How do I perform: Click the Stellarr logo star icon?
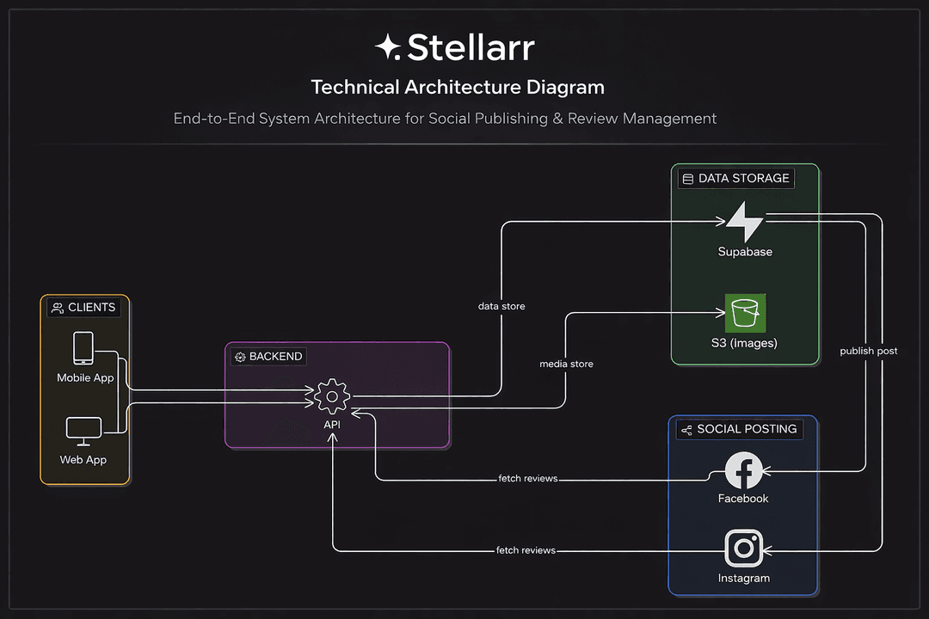click(x=388, y=47)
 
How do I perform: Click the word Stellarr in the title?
click(x=471, y=47)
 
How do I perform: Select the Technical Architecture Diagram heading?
click(x=458, y=87)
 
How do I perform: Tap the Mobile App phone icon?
click(x=83, y=349)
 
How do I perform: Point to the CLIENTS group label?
click(x=83, y=308)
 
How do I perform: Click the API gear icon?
click(x=332, y=396)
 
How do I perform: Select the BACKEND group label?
click(x=268, y=356)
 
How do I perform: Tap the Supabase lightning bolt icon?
click(x=744, y=222)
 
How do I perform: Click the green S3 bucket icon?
click(x=745, y=313)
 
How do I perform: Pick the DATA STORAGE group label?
click(x=735, y=179)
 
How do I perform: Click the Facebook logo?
click(x=744, y=470)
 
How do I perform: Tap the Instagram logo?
click(x=744, y=549)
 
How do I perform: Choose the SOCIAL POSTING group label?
click(x=739, y=429)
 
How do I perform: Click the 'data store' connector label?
click(x=501, y=306)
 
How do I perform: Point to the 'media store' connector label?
click(x=566, y=364)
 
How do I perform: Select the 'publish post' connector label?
click(x=869, y=351)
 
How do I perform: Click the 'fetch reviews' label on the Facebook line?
click(x=528, y=478)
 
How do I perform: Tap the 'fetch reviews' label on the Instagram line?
click(x=526, y=550)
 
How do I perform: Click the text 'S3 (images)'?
click(x=745, y=343)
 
